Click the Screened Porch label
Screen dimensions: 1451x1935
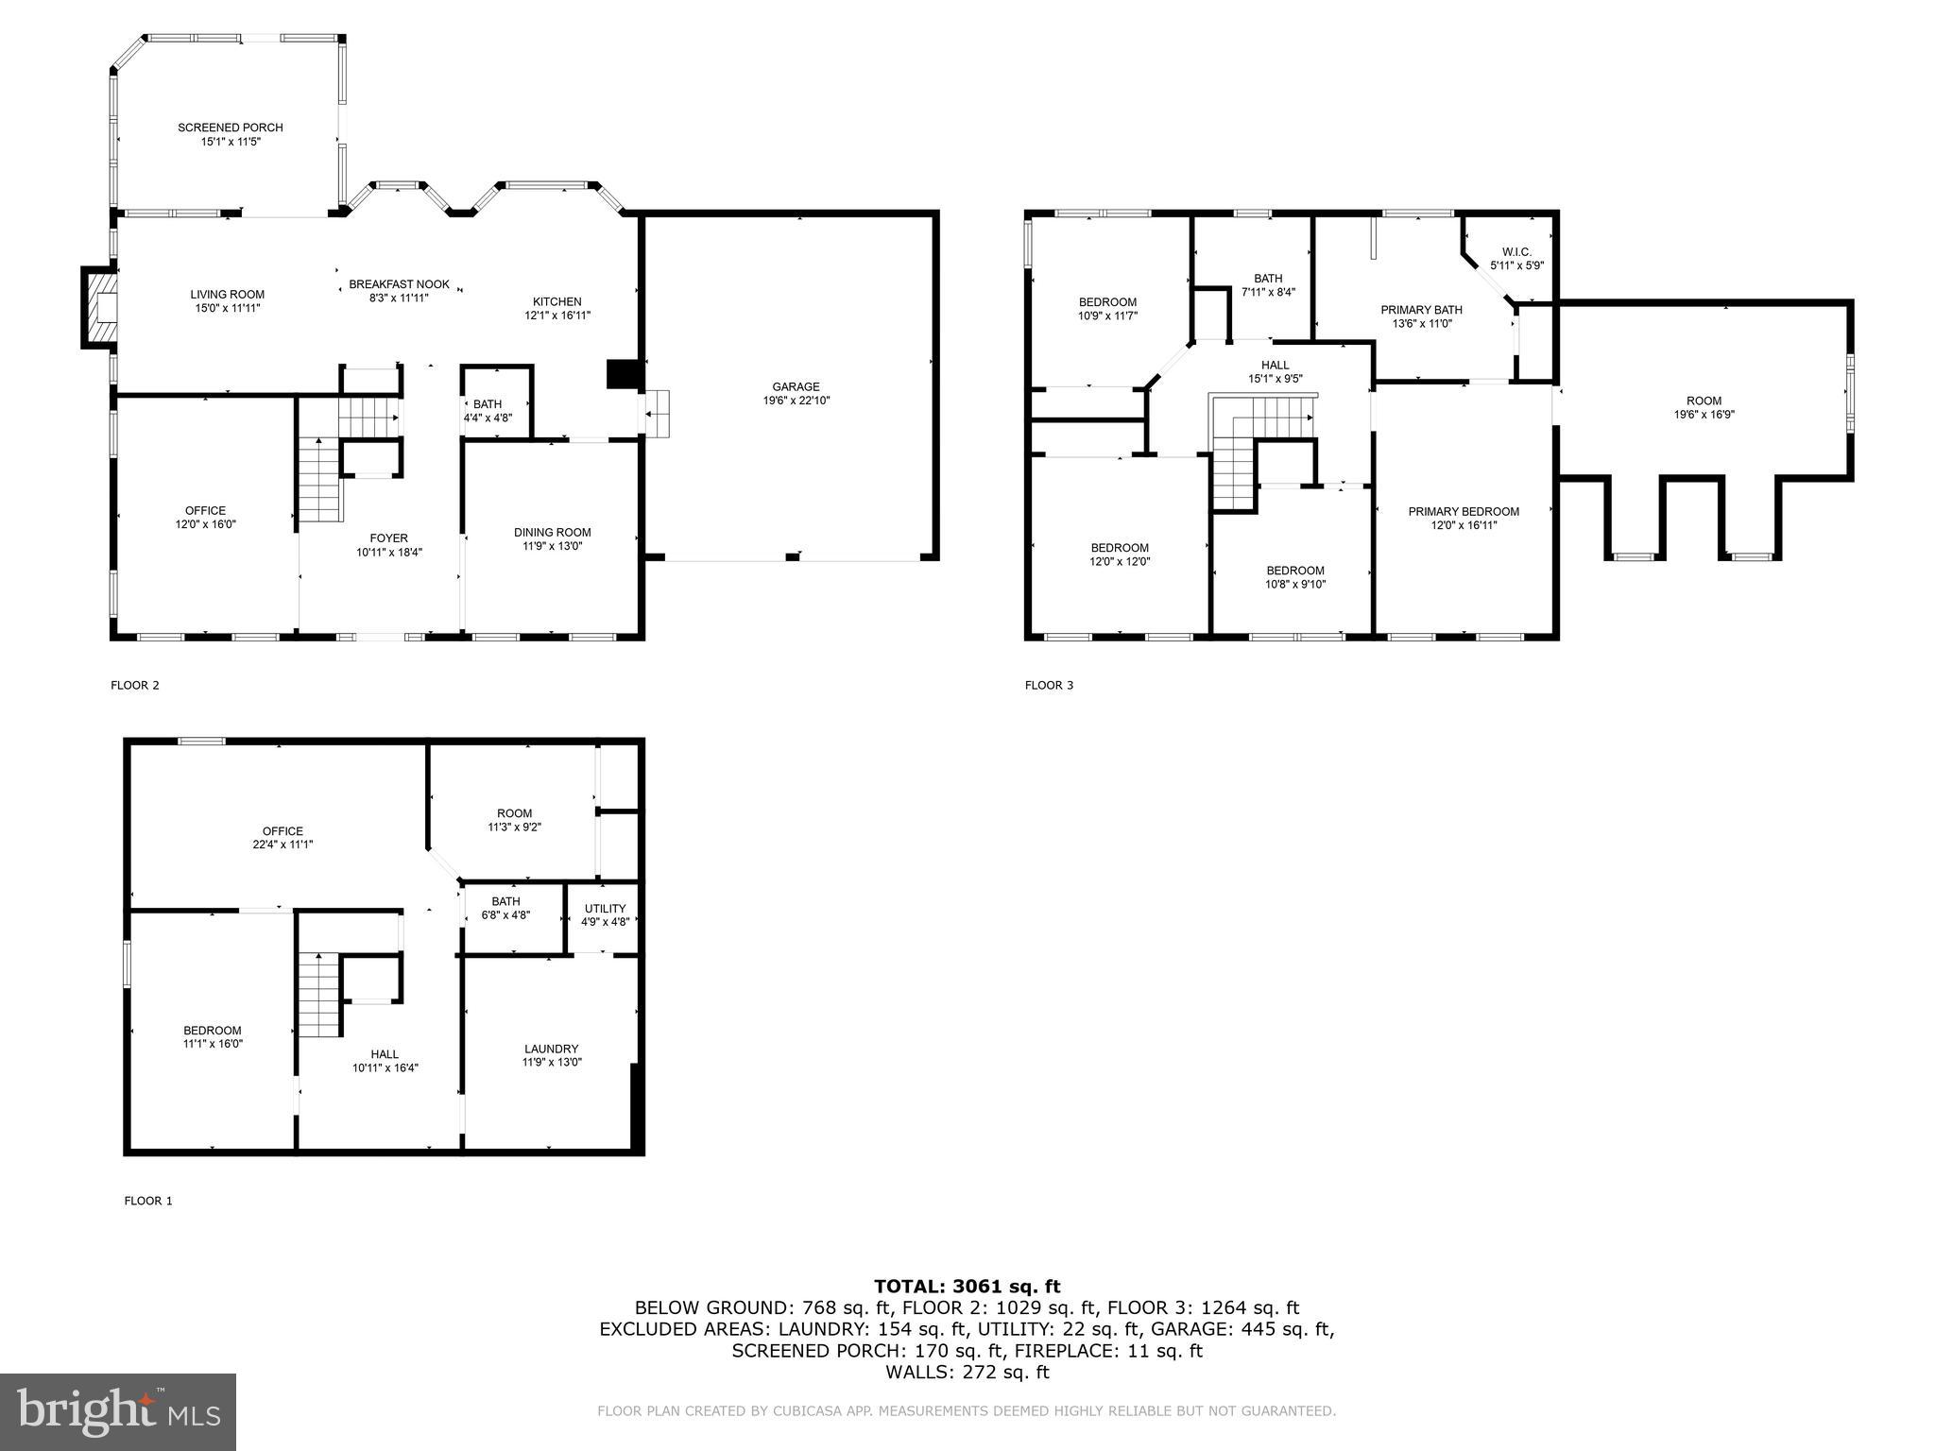[230, 128]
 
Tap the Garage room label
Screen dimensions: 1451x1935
[796, 387]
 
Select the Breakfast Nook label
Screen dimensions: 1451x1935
[399, 284]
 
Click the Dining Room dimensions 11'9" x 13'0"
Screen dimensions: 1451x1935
[553, 545]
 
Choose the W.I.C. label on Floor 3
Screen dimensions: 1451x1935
[1515, 252]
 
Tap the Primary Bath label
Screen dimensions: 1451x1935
[1421, 310]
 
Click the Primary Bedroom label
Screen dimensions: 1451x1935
[1464, 512]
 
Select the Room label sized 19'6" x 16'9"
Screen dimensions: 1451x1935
[1704, 401]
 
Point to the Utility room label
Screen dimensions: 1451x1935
[605, 909]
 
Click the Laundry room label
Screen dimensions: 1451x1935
[551, 1049]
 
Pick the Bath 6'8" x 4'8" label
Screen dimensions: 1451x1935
[505, 902]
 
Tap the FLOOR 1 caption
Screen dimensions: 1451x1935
[148, 1201]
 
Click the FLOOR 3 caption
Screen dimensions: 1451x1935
[1049, 685]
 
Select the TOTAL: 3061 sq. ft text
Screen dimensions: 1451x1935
[967, 1286]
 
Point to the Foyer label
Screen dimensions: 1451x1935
[388, 538]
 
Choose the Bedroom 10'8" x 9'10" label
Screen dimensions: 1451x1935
[1295, 571]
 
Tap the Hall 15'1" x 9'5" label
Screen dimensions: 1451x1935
[1275, 366]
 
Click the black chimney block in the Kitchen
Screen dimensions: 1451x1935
[622, 374]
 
